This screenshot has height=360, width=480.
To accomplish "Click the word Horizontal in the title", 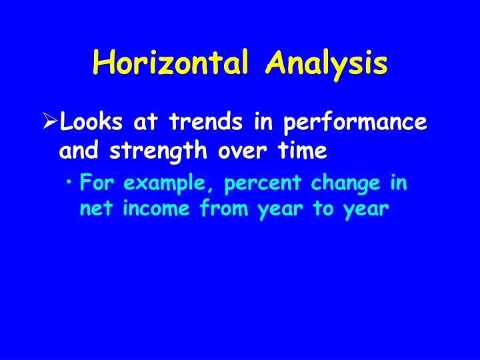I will pyautogui.click(x=174, y=63).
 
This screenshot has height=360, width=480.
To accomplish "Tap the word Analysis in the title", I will pyautogui.click(x=326, y=63).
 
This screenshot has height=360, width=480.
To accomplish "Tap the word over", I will pyautogui.click(x=241, y=151).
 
